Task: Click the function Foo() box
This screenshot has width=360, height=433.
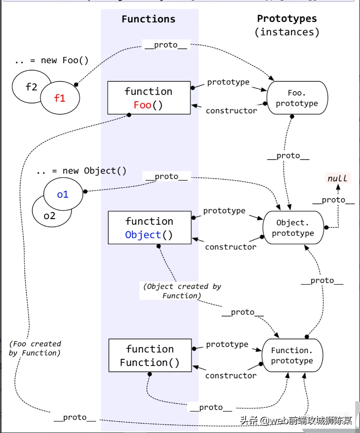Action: coord(149,98)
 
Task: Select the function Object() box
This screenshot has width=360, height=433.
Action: coord(150,228)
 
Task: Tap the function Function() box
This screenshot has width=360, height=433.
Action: coord(150,356)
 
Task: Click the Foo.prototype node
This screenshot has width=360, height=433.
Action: coord(297,98)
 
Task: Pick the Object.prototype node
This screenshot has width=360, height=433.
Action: coord(293,228)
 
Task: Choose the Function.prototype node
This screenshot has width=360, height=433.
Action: coord(292,356)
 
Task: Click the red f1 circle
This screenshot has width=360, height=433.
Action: coord(60,98)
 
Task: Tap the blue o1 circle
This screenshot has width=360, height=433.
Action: coord(63,194)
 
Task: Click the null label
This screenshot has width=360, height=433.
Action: coord(337,179)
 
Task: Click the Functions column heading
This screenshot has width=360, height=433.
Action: coord(149,19)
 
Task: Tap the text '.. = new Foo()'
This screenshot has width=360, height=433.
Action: coord(52,60)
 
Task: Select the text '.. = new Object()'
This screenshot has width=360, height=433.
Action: coord(82,171)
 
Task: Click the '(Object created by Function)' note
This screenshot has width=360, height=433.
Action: coord(182,291)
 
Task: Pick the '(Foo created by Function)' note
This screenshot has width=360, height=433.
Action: coord(35,348)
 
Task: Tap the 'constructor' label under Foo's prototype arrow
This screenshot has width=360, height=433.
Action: coord(231,111)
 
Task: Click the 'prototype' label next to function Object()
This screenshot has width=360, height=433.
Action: coord(224,211)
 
